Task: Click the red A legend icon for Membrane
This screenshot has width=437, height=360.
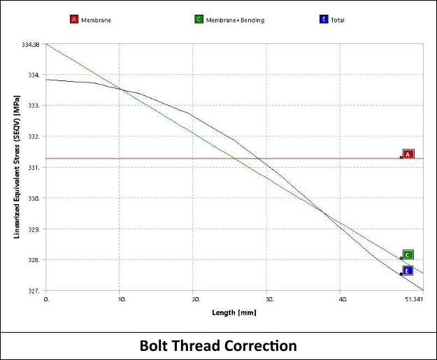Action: click(x=73, y=20)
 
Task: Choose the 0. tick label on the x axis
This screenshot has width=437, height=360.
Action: click(x=47, y=299)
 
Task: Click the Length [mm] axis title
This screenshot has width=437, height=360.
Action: click(x=234, y=312)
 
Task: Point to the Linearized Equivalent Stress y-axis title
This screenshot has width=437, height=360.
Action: click(x=16, y=168)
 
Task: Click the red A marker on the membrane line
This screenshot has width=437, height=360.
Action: click(x=409, y=154)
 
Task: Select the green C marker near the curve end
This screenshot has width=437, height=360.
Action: click(x=408, y=255)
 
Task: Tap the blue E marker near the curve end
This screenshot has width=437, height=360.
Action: click(x=408, y=271)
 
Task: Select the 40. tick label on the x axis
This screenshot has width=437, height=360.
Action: click(x=343, y=299)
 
